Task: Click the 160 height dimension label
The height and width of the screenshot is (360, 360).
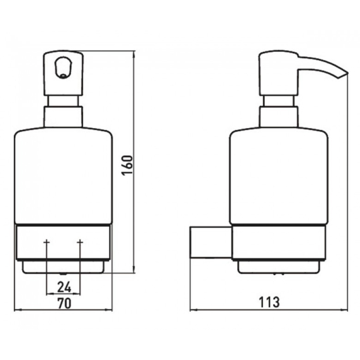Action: click(x=127, y=165)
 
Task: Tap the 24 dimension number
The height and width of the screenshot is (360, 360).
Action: click(x=64, y=287)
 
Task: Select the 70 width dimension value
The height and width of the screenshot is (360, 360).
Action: click(x=64, y=304)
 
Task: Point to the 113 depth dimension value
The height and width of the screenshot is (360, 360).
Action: click(x=269, y=302)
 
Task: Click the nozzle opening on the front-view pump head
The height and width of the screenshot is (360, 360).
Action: click(x=63, y=68)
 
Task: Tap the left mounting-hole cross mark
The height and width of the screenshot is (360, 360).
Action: click(x=47, y=242)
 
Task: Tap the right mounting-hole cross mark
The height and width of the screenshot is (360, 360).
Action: click(x=80, y=242)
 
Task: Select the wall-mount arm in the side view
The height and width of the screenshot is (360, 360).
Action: click(x=211, y=243)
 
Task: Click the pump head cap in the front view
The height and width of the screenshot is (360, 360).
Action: click(x=63, y=73)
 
